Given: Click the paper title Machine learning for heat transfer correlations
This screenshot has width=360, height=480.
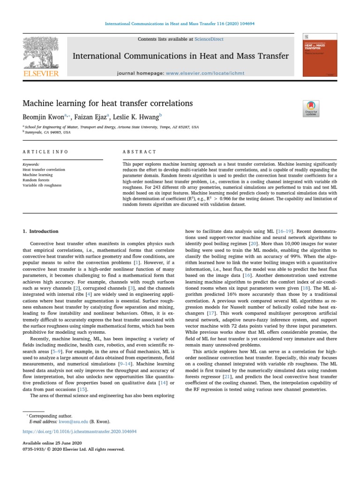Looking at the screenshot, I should tap(108, 103).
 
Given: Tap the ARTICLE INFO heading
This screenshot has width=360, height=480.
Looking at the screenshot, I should tap(45, 152).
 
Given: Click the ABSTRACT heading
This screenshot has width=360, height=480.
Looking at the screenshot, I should tap(139, 152).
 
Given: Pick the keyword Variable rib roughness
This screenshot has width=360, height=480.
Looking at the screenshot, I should tap(42, 185).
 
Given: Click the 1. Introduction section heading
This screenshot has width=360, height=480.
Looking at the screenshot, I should tap(41, 232).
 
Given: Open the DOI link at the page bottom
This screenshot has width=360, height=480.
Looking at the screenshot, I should tap(80, 431).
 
